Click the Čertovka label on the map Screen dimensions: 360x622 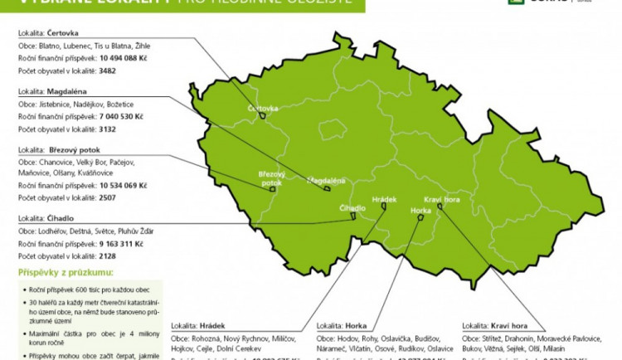(x=263, y=109)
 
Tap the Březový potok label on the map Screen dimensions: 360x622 (x=271, y=178)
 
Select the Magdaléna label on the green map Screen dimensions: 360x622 (x=326, y=180)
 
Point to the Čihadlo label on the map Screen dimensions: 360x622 (x=352, y=207)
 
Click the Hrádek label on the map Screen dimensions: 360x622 (x=385, y=200)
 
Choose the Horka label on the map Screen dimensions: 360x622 (x=421, y=211)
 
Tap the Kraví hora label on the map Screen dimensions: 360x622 (x=442, y=200)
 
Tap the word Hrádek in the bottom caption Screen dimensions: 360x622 (x=211, y=326)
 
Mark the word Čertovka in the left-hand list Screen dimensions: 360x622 (x=64, y=32)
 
